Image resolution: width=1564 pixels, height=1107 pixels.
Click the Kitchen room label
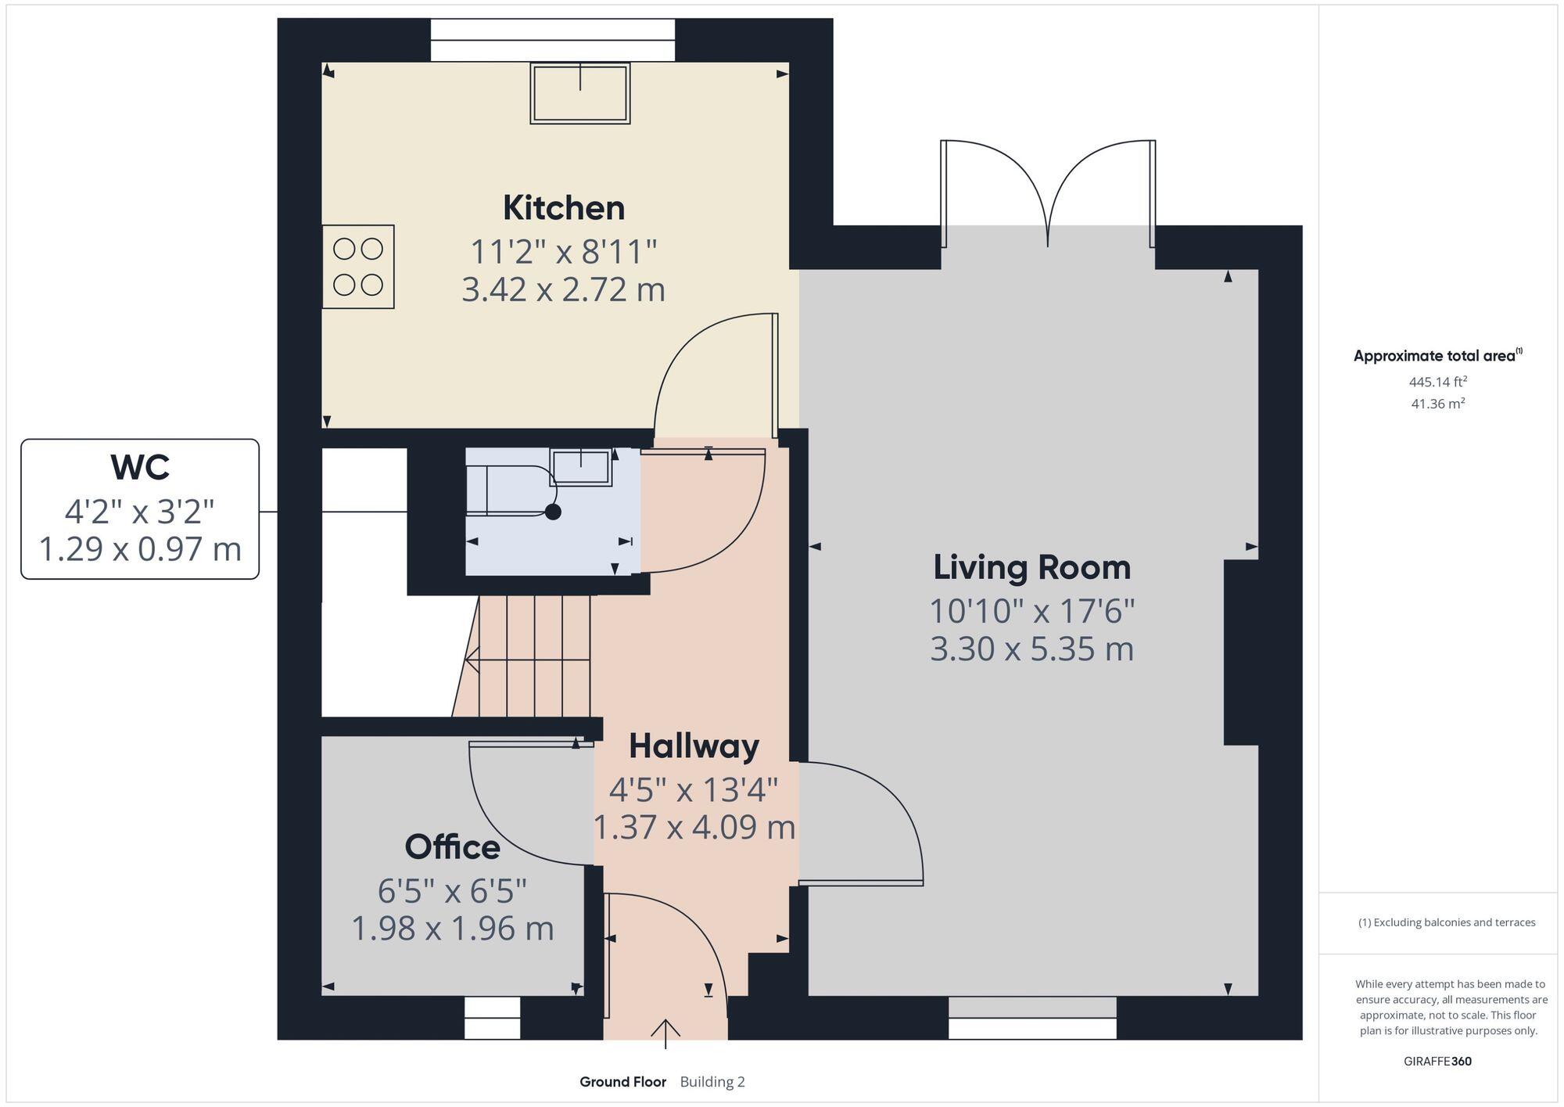click(563, 208)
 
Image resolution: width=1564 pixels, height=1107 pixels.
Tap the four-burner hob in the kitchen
click(358, 267)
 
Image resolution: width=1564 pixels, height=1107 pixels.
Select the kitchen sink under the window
click(579, 93)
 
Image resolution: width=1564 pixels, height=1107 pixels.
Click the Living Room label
click(1031, 567)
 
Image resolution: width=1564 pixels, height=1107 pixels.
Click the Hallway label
click(694, 746)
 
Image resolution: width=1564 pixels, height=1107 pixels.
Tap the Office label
click(452, 847)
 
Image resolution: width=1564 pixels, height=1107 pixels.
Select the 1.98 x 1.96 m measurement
click(452, 929)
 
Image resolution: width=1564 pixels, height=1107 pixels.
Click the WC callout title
click(140, 468)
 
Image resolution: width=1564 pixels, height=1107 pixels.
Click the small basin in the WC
click(580, 468)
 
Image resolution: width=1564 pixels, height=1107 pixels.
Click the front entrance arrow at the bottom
click(665, 1033)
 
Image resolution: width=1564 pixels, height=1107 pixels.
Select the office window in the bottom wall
click(492, 1018)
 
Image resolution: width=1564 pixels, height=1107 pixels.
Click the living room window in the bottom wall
click(1031, 1018)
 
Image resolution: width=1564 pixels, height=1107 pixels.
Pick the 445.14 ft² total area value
click(1437, 382)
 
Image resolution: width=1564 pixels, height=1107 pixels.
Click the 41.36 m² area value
click(1437, 404)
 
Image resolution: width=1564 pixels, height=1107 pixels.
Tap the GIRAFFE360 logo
click(1437, 1062)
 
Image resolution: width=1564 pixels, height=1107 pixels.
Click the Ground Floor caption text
click(622, 1082)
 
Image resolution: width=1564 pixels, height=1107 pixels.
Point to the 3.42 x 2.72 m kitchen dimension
click(563, 290)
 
